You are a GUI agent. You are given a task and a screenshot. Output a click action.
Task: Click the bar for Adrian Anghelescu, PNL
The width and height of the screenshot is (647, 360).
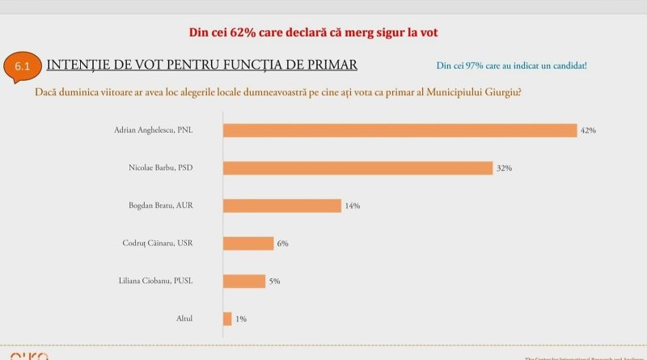pos(400,130)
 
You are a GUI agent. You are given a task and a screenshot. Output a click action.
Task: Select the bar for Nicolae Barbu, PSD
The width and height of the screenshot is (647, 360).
pos(357,168)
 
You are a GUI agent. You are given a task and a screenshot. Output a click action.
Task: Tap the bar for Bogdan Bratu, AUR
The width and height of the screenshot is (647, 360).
pos(281,205)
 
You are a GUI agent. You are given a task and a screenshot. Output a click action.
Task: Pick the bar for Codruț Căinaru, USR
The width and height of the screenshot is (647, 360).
pos(248,243)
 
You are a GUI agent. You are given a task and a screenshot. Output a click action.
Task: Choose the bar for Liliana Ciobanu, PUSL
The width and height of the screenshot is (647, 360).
pos(243,281)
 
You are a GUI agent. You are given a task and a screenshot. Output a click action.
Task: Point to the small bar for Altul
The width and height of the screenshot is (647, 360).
pos(227,319)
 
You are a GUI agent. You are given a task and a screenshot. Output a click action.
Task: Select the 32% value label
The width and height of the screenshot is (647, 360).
pos(504,168)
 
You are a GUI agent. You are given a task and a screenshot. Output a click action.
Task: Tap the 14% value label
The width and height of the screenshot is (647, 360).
pos(352,206)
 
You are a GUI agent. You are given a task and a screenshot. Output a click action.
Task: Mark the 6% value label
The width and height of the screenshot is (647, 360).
pos(283,244)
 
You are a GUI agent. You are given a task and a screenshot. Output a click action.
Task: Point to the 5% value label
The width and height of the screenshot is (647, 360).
pos(274,282)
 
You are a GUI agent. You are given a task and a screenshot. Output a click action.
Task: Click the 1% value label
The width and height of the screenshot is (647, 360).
pos(240,320)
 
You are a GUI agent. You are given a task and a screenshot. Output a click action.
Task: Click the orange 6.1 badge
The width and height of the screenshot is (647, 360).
pos(22,68)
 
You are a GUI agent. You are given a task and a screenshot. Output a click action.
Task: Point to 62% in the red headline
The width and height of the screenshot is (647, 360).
pos(239,32)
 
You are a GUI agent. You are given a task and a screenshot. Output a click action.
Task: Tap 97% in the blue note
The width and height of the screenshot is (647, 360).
pos(471,66)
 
